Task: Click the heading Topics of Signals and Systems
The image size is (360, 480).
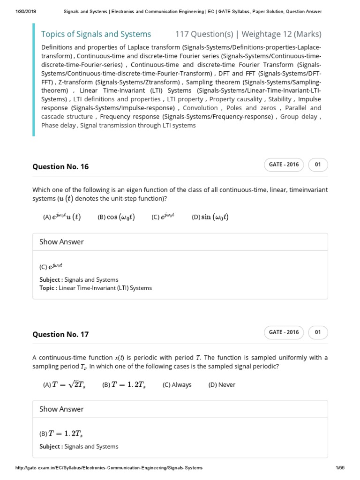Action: pos(96,34)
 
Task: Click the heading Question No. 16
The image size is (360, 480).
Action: pos(60,167)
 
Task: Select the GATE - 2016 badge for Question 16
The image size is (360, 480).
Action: pos(284,165)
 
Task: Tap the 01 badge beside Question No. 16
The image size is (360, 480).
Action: pos(318,165)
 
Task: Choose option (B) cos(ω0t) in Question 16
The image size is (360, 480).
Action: pos(116,217)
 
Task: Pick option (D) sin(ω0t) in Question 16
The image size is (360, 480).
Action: pos(210,217)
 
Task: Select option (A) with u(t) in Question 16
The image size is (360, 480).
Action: pos(61,217)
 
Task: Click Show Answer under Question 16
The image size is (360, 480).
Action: pos(61,242)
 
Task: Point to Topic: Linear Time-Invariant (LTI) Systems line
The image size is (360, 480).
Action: pos(96,288)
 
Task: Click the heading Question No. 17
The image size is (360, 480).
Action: pos(60,335)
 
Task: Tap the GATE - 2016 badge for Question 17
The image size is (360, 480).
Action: pos(284,332)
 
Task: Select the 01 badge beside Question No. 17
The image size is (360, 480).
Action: pos(318,332)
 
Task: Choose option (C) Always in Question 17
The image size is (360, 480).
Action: pos(177,385)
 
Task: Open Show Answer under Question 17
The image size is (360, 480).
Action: pos(61,409)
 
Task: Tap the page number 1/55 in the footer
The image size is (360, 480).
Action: pos(340,468)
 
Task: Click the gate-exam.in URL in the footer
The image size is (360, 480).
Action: pos(109,468)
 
